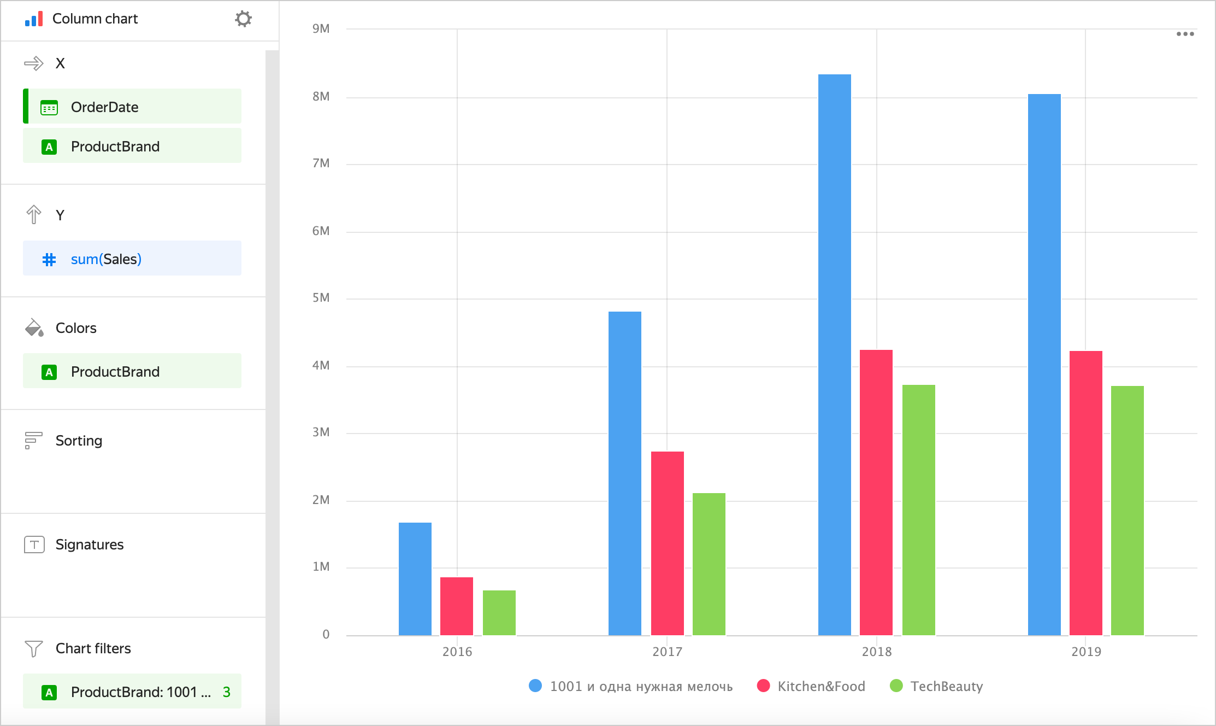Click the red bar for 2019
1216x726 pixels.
coord(1085,493)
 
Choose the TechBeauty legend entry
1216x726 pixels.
coord(946,686)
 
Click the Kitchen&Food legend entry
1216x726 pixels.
coord(820,686)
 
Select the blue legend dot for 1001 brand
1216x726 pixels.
coord(535,686)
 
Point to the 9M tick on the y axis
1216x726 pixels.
coord(321,28)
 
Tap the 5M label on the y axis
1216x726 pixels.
coord(321,298)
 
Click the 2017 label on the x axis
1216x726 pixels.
coord(667,652)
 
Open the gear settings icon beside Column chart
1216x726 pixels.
coord(243,19)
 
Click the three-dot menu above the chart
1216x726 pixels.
coord(1185,34)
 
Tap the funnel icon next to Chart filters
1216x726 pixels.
coord(33,648)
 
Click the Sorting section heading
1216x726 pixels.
coord(79,441)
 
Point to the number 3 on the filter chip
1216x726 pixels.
coord(226,692)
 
